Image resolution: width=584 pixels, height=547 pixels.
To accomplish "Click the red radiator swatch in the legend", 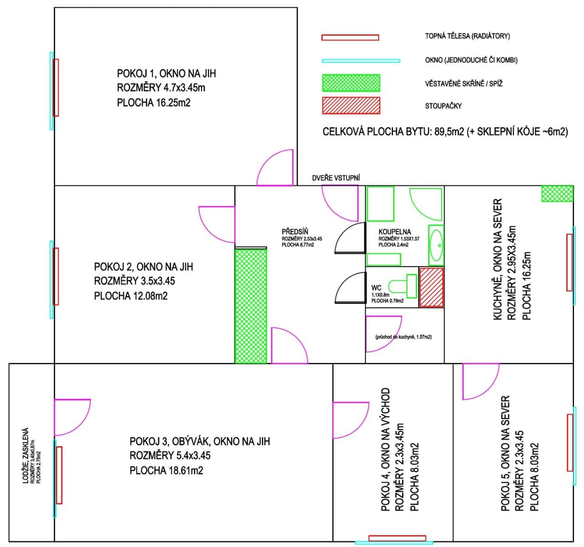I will [x=350, y=37].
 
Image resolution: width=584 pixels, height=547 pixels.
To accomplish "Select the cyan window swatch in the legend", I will [x=361, y=61].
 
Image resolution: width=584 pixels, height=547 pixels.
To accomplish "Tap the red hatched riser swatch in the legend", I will [x=351, y=106].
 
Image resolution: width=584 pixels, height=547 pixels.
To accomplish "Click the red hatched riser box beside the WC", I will [x=431, y=287].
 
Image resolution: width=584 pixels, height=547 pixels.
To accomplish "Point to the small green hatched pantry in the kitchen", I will [x=557, y=193].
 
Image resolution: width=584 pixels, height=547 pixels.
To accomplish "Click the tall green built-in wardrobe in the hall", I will [x=250, y=305].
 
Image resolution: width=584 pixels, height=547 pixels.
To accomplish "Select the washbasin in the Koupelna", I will [x=436, y=245].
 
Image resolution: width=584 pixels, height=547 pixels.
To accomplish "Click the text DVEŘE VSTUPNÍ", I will [x=336, y=178].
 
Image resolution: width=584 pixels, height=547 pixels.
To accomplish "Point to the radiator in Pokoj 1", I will [x=56, y=88].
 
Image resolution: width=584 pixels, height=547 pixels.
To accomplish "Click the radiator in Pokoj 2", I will [x=56, y=276].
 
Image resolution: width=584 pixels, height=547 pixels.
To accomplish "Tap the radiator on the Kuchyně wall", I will [x=569, y=262].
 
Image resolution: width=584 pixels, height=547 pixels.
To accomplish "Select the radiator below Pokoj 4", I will [x=397, y=538].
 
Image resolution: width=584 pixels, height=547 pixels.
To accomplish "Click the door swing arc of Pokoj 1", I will [x=275, y=168].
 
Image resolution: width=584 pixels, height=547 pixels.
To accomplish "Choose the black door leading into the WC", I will [x=350, y=288].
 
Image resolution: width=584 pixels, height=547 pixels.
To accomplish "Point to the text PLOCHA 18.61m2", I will [x=166, y=470].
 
